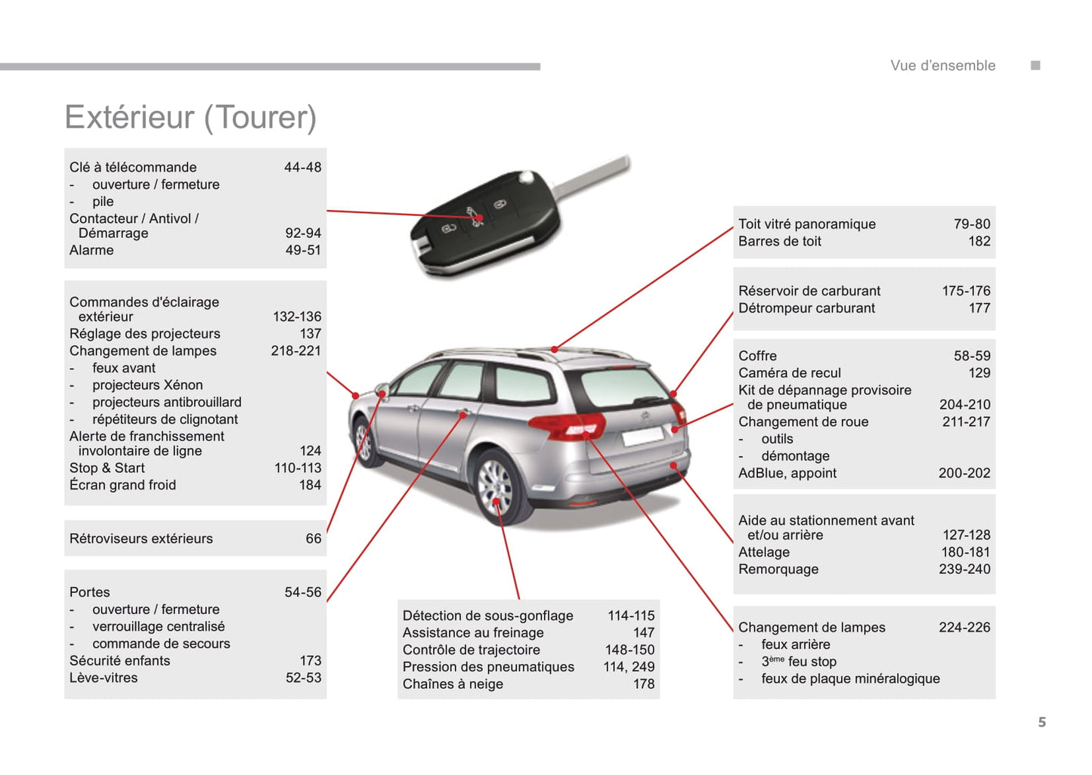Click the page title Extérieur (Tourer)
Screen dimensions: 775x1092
[x=190, y=118]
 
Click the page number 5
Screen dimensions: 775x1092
[x=1042, y=722]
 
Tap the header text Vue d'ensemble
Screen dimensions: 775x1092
[x=942, y=66]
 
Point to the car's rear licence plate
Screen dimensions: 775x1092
[x=643, y=436]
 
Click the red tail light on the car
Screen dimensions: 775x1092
[x=568, y=425]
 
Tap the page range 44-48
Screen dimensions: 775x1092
[x=302, y=167]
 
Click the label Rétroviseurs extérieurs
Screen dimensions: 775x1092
[x=141, y=539]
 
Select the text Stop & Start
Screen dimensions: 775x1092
[x=107, y=468]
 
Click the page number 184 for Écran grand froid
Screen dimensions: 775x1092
[x=310, y=485]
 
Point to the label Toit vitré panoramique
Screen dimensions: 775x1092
[x=806, y=224]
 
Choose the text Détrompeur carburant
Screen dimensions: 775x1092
[x=806, y=308]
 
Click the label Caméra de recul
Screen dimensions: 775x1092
[x=789, y=373]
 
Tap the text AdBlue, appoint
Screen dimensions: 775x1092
[x=787, y=474]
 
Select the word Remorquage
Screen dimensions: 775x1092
[x=778, y=570]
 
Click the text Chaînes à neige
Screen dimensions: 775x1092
[x=453, y=684]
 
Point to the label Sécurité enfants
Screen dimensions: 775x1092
[x=119, y=661]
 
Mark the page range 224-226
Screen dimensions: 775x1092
[x=964, y=628]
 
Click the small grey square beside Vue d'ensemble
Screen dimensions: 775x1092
[x=1035, y=66]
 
